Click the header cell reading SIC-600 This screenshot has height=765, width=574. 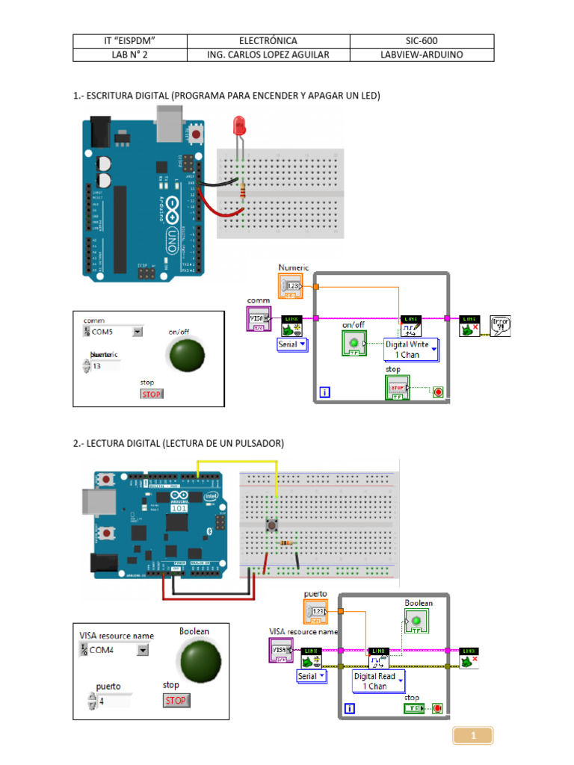[422, 41]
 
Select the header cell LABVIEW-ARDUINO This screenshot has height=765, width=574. [422, 55]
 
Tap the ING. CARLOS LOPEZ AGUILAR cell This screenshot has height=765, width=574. [268, 55]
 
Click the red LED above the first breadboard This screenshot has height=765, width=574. [240, 125]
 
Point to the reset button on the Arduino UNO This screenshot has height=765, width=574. [197, 134]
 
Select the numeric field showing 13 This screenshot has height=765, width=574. [109, 366]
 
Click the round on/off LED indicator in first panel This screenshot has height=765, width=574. [186, 355]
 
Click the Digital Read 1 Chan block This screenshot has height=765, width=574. [379, 681]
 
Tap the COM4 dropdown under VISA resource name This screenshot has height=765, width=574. [114, 651]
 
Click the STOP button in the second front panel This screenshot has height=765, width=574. [176, 700]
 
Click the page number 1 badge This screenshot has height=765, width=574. [472, 737]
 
